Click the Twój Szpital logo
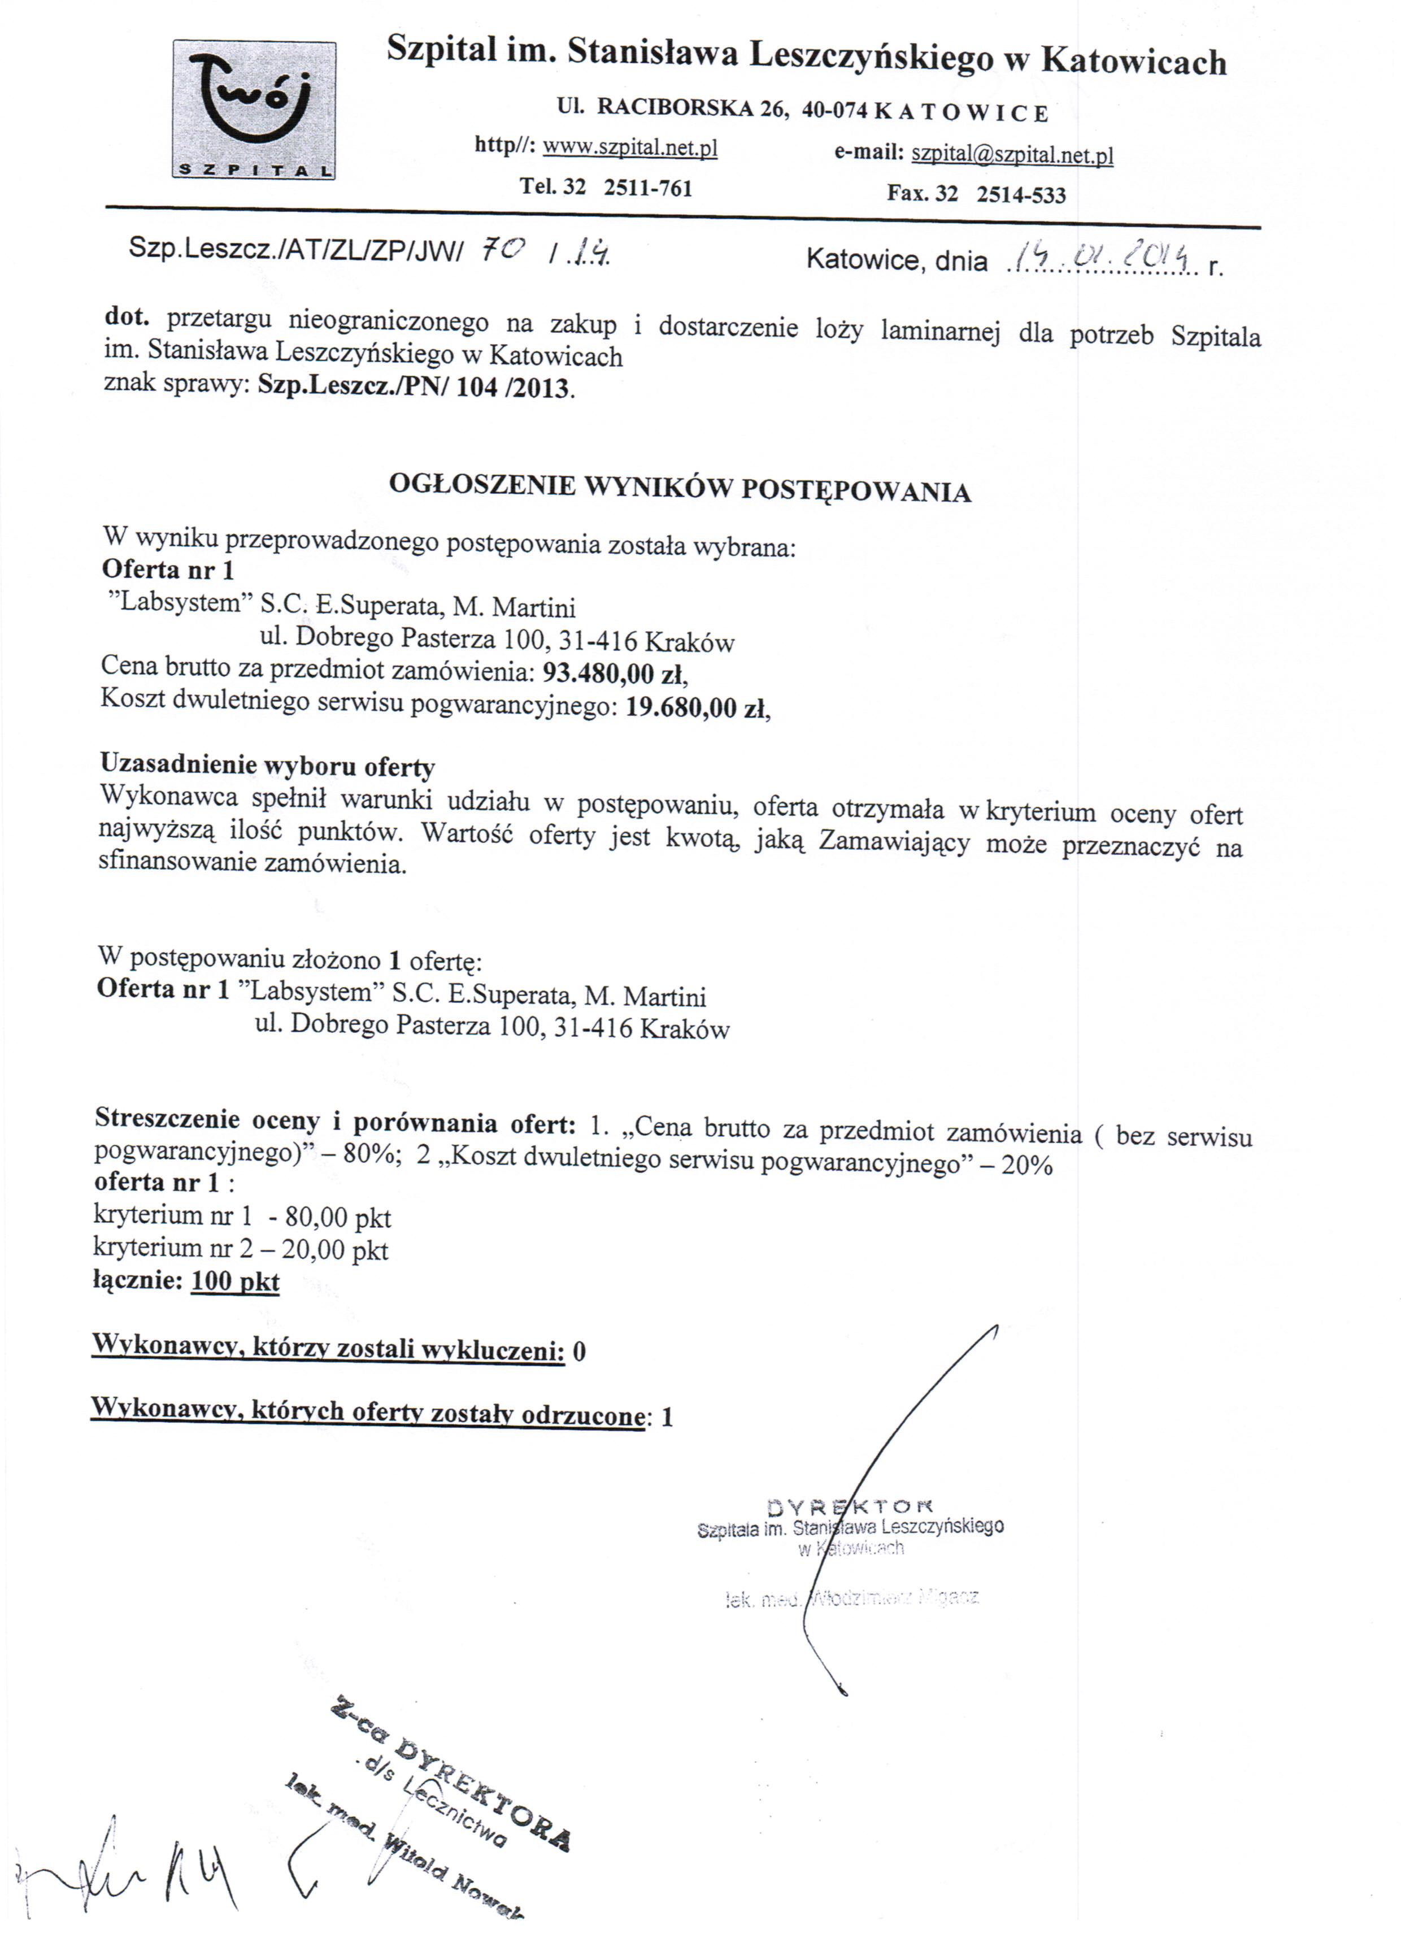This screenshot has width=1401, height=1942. click(254, 110)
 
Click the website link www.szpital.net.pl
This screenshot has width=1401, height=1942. click(630, 147)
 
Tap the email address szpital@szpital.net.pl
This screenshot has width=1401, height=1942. click(1012, 154)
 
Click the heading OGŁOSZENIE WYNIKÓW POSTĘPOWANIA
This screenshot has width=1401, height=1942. click(680, 487)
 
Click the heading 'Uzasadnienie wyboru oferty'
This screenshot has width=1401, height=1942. click(267, 764)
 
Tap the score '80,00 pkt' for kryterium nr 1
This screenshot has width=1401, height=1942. click(338, 1216)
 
